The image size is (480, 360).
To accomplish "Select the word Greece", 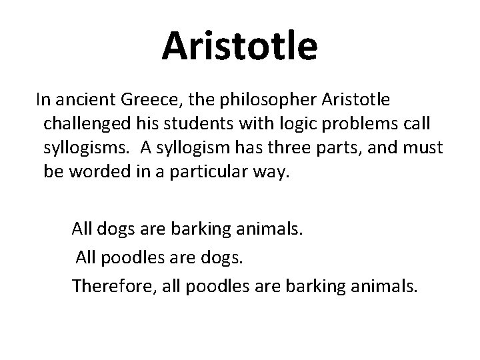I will (x=144, y=101).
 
